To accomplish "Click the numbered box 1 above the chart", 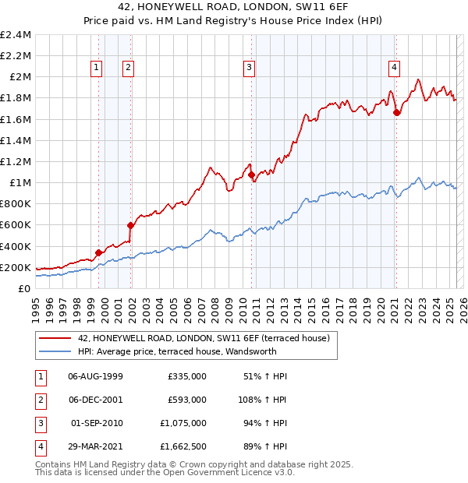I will [97, 68].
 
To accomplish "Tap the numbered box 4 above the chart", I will [395, 68].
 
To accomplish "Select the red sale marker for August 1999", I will [99, 252].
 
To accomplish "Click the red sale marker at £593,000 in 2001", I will [131, 225].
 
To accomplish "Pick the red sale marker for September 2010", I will [251, 175].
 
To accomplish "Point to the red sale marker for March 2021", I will [396, 112].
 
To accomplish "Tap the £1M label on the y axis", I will [20, 183].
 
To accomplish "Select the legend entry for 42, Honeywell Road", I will [204, 338].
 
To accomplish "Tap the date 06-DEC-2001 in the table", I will [96, 400].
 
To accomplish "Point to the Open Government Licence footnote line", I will [165, 472].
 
